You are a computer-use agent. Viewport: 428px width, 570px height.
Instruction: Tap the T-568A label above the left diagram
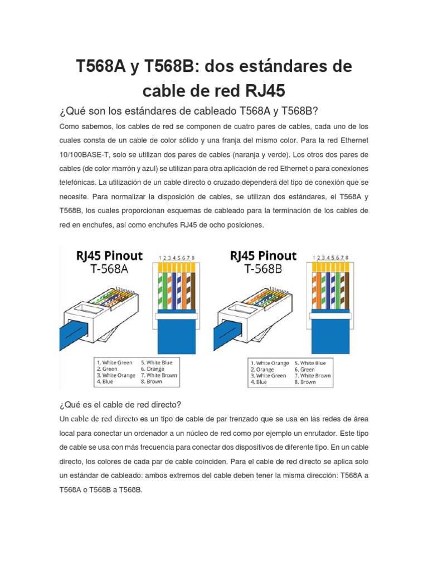109,269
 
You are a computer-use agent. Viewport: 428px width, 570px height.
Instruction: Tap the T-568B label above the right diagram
263,269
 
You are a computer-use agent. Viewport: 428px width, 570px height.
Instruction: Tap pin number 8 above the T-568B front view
347,258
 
